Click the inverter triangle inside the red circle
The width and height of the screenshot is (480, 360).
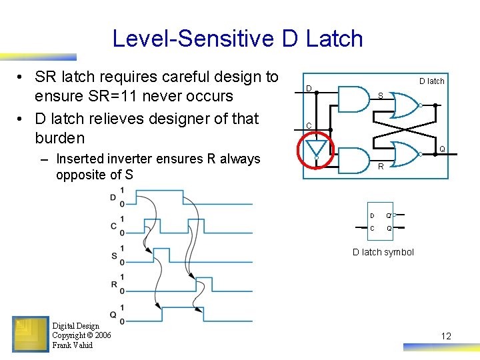point(317,147)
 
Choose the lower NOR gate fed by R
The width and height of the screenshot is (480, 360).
point(404,153)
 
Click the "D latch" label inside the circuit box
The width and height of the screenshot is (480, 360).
point(431,81)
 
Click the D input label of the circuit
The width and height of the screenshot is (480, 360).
point(309,89)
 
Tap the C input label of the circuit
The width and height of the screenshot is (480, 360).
point(309,126)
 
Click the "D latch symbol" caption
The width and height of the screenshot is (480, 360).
point(383,252)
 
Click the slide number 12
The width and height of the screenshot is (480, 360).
point(446,336)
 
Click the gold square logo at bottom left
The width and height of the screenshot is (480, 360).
point(31,333)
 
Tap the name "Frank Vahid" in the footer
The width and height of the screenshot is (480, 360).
point(73,345)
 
